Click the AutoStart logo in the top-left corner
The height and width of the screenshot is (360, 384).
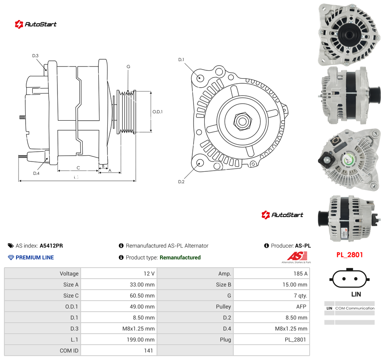[35, 24]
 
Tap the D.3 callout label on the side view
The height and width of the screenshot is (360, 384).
[35, 56]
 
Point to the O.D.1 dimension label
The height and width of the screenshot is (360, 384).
[157, 112]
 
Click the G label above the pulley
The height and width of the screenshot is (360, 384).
[128, 66]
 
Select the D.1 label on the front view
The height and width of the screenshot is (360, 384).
[181, 60]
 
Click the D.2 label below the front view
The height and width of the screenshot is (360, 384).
[181, 182]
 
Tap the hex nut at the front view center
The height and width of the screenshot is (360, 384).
[242, 121]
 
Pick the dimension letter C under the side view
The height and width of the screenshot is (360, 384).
[78, 168]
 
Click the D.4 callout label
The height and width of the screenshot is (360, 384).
[36, 173]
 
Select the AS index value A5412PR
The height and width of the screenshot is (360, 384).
[51, 246]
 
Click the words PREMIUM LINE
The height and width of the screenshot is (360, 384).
[35, 257]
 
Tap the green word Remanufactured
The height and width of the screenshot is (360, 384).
[180, 257]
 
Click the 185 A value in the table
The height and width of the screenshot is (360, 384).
[301, 274]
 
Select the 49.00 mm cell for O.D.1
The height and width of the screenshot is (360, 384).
[142, 307]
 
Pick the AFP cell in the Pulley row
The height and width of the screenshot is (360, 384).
[301, 307]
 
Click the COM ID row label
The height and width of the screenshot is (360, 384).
[69, 351]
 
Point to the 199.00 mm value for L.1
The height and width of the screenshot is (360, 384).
[140, 340]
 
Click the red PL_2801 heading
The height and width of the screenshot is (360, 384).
[349, 255]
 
